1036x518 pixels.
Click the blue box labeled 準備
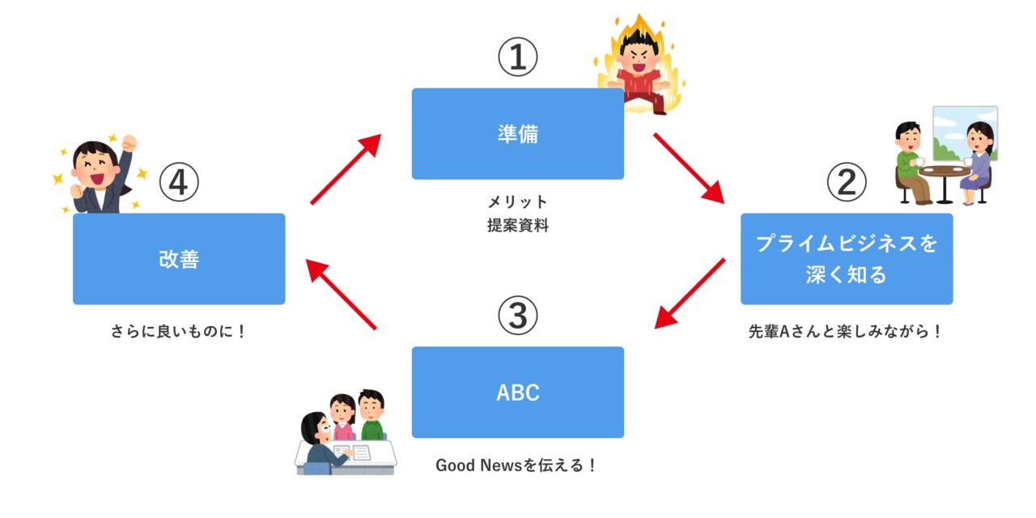tap(517, 134)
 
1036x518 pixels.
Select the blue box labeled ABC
tap(517, 393)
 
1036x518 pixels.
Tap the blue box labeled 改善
tap(179, 259)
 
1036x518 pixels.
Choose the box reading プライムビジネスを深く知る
tap(847, 259)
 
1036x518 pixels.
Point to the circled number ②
tap(846, 183)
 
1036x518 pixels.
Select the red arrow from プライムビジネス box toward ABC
tap(690, 294)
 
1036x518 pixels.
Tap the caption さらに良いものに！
tap(178, 332)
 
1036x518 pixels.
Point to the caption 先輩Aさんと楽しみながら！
tap(846, 332)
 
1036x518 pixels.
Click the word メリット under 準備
tap(517, 202)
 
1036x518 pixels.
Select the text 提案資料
tap(517, 227)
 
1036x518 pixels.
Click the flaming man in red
tap(639, 69)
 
